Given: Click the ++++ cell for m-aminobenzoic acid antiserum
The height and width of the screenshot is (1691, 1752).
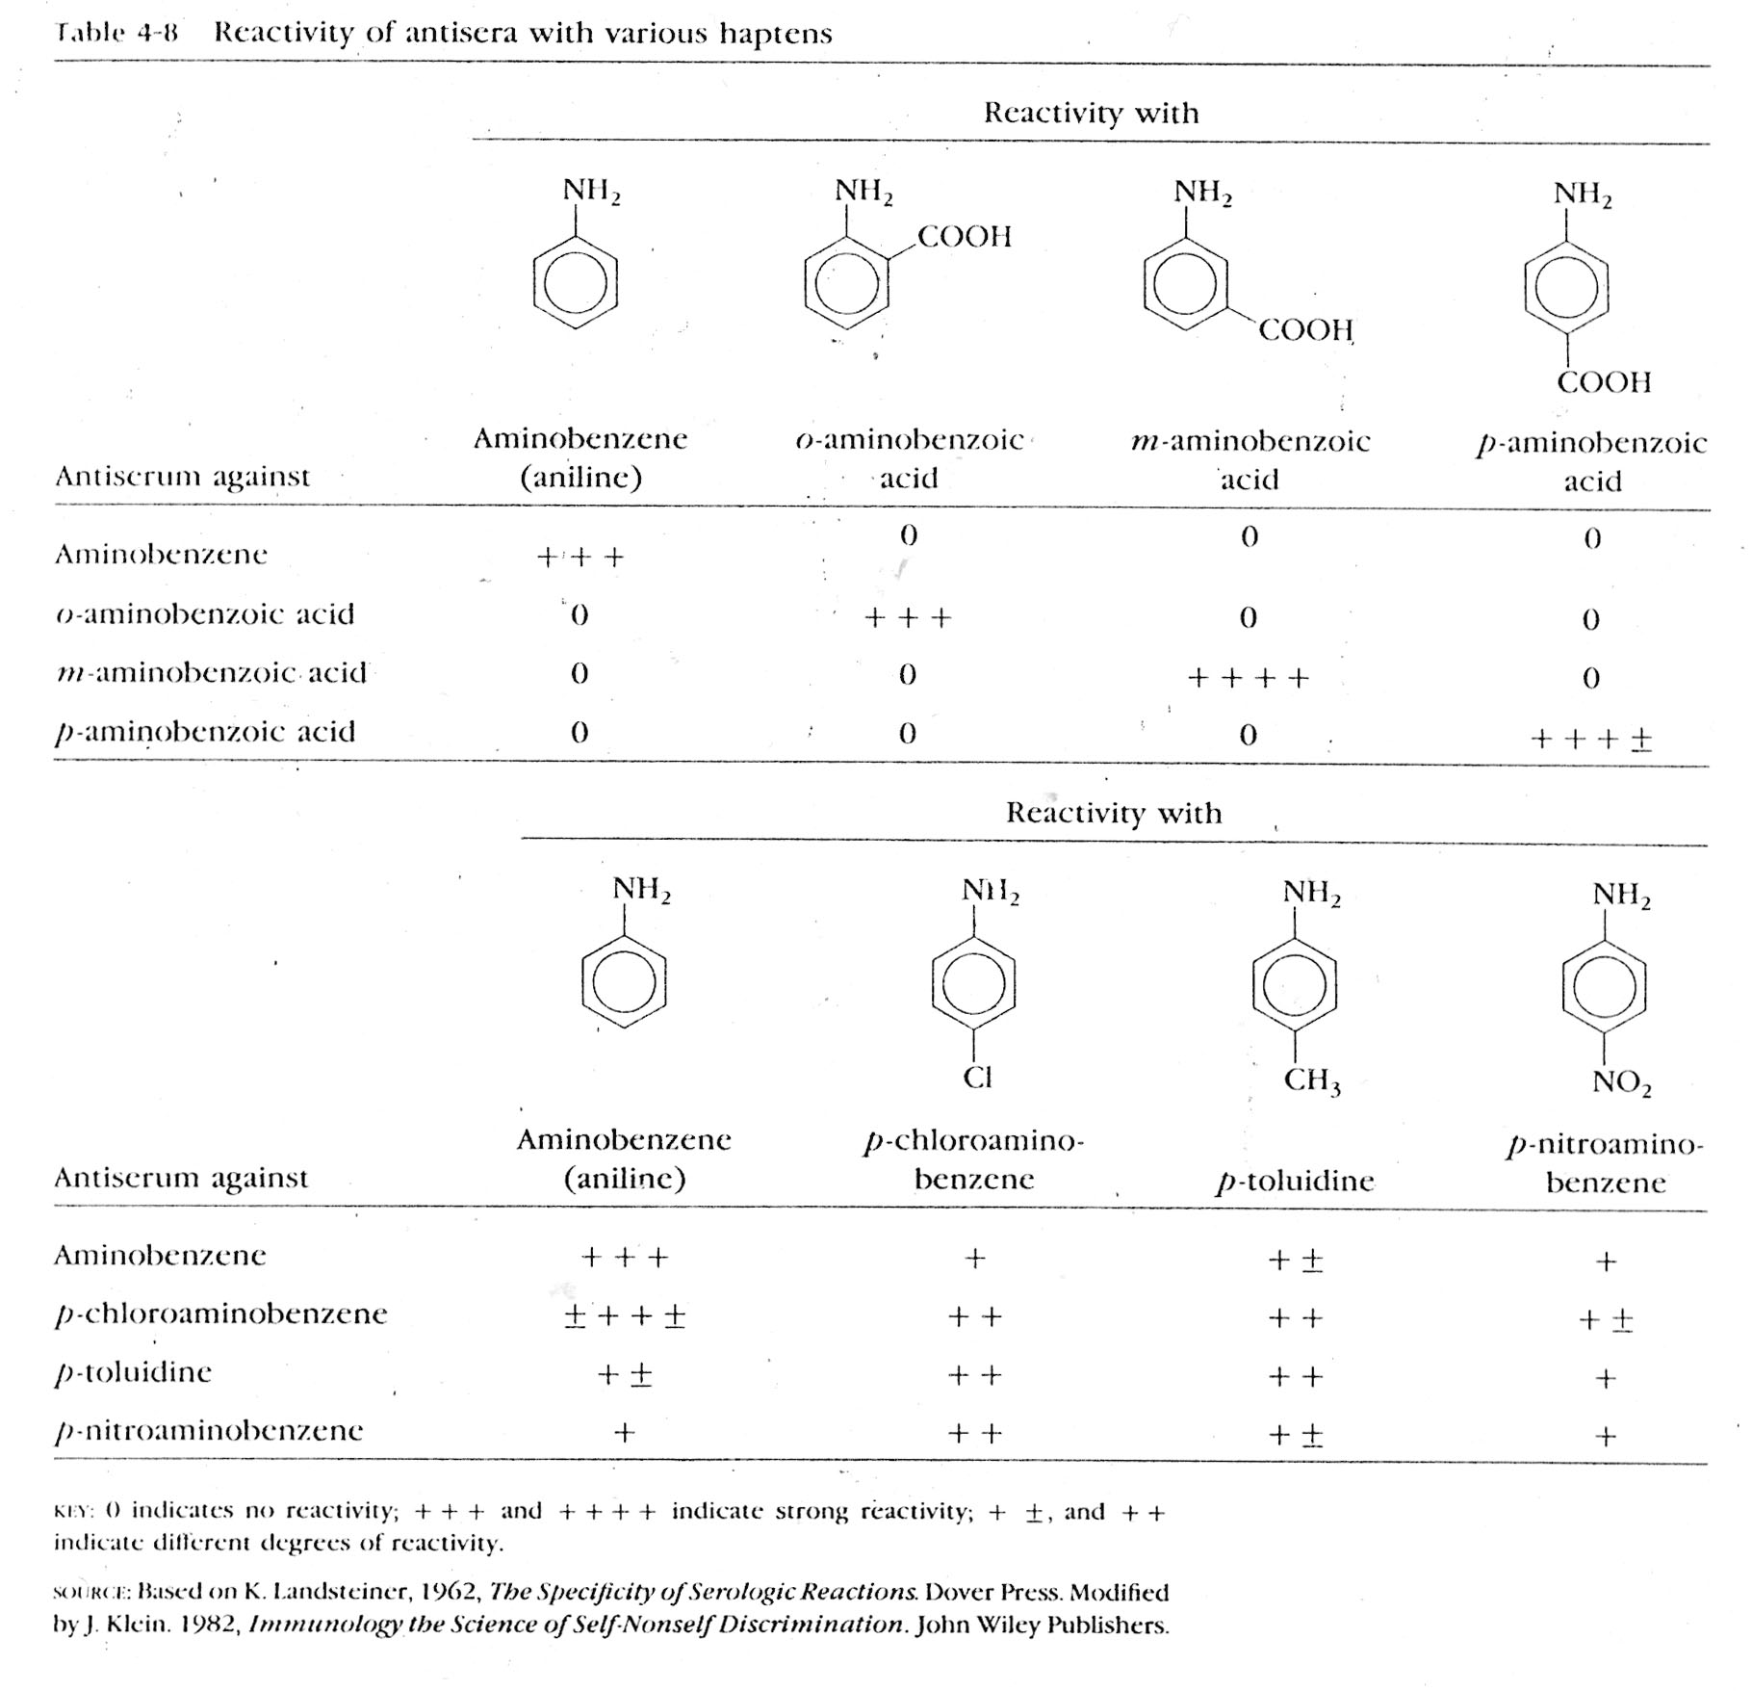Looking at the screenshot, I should [x=1249, y=678].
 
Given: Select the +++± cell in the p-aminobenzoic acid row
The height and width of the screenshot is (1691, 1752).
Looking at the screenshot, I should [x=1591, y=739].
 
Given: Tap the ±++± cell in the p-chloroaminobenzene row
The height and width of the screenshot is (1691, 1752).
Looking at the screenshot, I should [x=624, y=1315].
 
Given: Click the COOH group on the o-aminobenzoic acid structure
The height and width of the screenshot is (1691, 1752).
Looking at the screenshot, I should [x=965, y=237].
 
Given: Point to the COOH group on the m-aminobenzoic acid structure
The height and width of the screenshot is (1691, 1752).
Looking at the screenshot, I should [x=1305, y=330].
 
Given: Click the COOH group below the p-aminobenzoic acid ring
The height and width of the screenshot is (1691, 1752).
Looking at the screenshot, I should [x=1604, y=382].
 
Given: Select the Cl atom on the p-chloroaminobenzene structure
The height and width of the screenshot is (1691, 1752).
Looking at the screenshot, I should [x=977, y=1078].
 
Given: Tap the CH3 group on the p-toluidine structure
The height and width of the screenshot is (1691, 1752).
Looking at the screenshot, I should [x=1311, y=1081].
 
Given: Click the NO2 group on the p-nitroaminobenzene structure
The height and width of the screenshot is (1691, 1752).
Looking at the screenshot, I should [x=1621, y=1083].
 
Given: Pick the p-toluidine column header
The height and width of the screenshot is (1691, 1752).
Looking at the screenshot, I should [x=1295, y=1182].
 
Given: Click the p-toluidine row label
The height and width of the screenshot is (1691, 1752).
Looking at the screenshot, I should [x=133, y=1372].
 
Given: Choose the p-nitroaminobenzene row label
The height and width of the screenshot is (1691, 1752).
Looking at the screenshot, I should [x=209, y=1431].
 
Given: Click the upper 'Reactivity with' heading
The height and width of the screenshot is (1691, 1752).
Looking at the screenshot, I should [x=1091, y=114].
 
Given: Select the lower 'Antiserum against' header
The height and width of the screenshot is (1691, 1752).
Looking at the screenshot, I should [x=181, y=1178].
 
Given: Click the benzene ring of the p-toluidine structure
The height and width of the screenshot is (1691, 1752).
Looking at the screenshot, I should [x=1295, y=988].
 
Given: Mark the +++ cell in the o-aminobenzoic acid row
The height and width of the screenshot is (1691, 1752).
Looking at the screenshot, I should [x=907, y=617].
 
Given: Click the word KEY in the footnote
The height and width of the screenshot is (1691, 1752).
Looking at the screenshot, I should [x=72, y=1513].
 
